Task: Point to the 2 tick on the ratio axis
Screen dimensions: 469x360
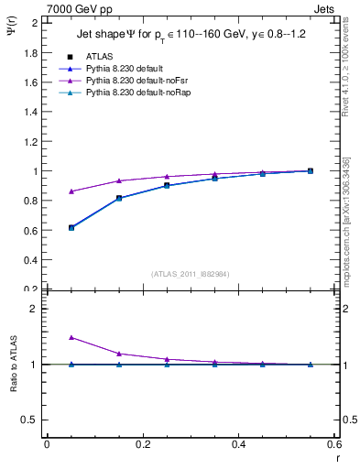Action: tap(35, 309)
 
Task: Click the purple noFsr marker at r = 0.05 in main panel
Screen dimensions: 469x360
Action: tap(71, 191)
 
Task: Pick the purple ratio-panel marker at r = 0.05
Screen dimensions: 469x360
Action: tap(71, 337)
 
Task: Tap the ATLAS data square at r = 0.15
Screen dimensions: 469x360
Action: tap(119, 198)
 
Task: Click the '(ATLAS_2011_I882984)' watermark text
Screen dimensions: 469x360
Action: tap(191, 273)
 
